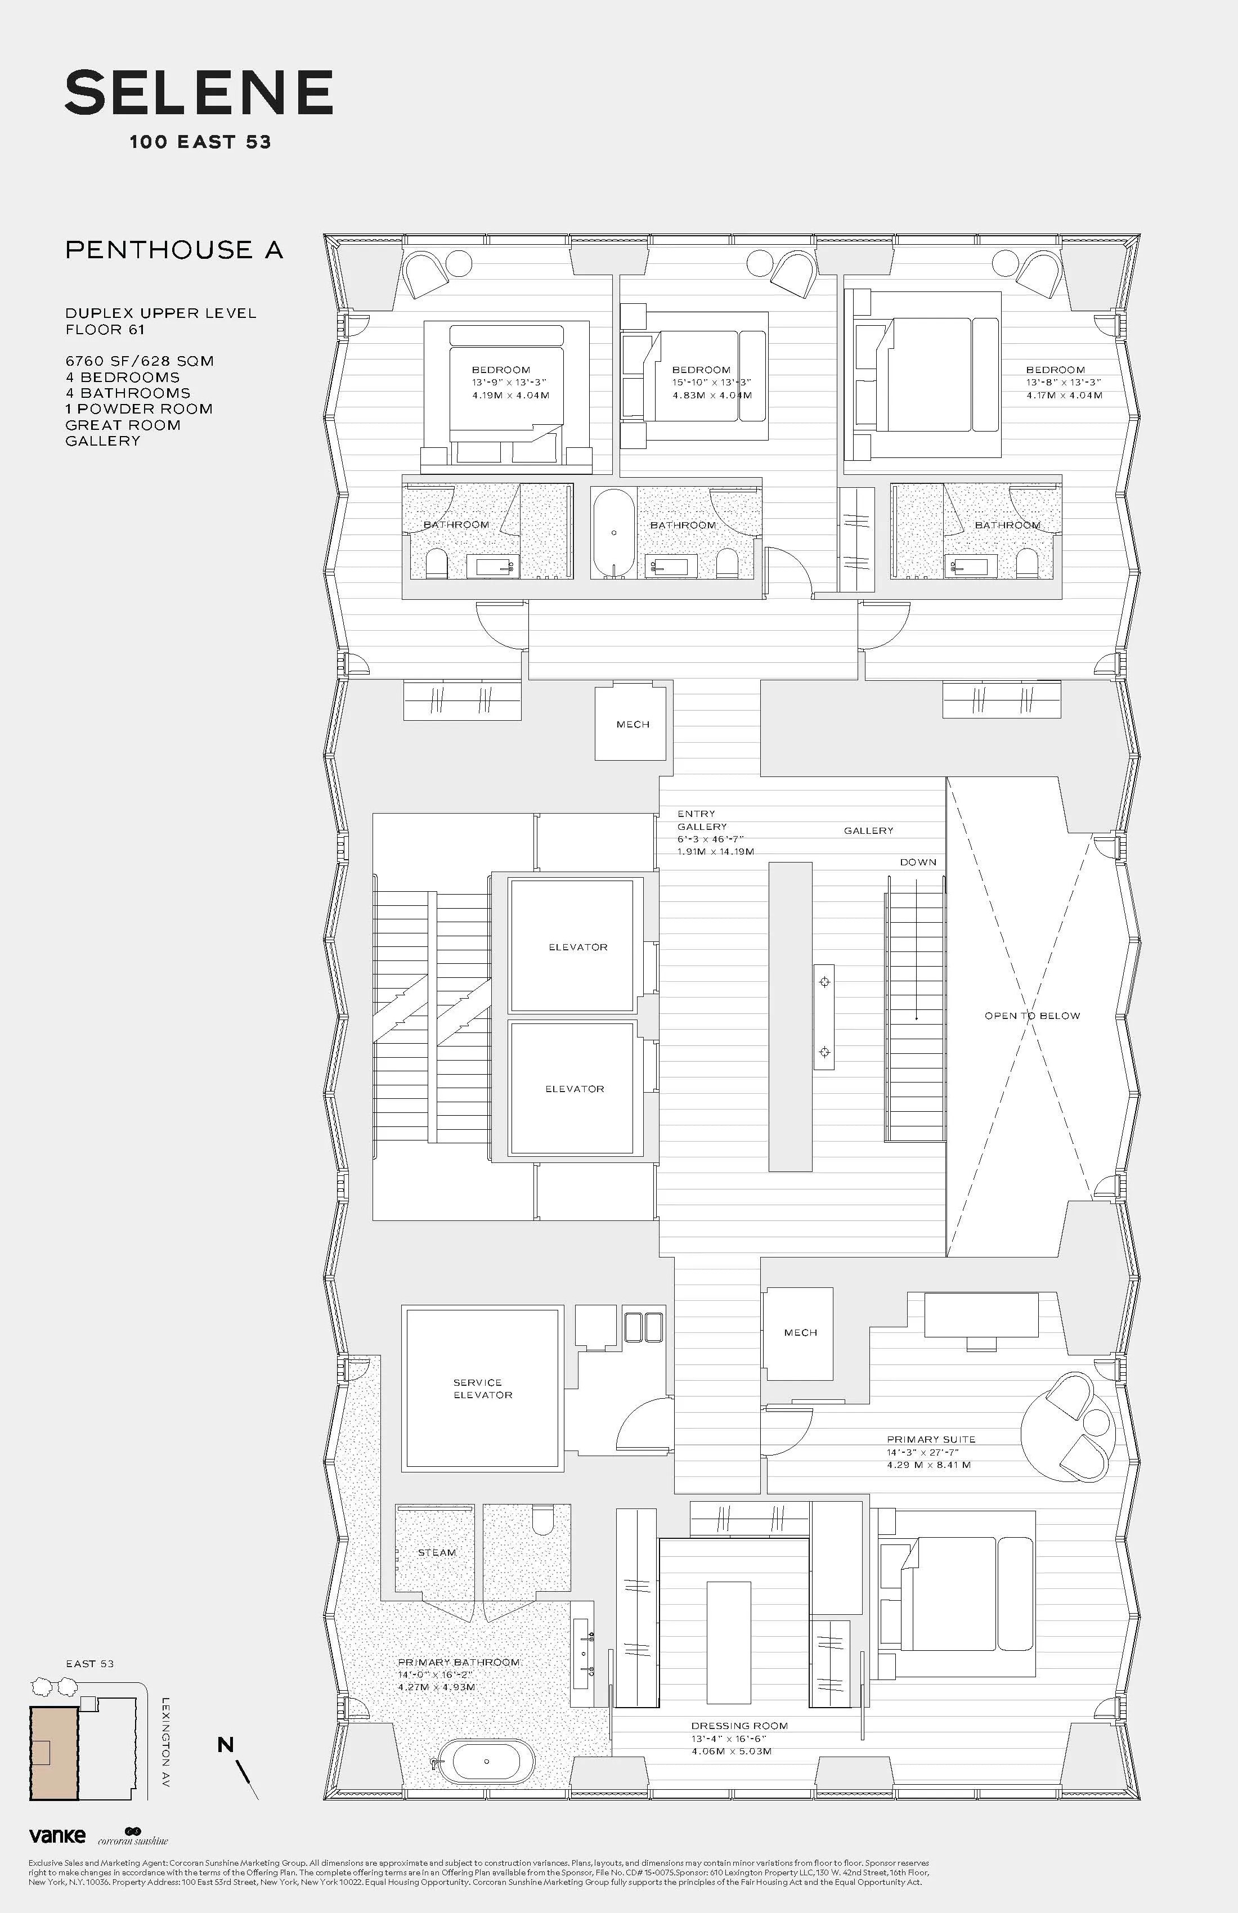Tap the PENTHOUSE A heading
click(174, 250)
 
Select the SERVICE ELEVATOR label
click(482, 1388)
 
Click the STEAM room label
click(437, 1552)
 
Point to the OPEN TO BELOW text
click(1032, 1015)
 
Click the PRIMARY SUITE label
click(931, 1439)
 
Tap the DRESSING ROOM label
click(739, 1725)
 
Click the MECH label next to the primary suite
click(800, 1332)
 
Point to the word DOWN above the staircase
click(918, 861)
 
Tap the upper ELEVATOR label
click(578, 947)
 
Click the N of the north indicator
click(226, 1744)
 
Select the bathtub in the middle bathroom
click(614, 533)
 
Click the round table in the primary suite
click(1067, 1427)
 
